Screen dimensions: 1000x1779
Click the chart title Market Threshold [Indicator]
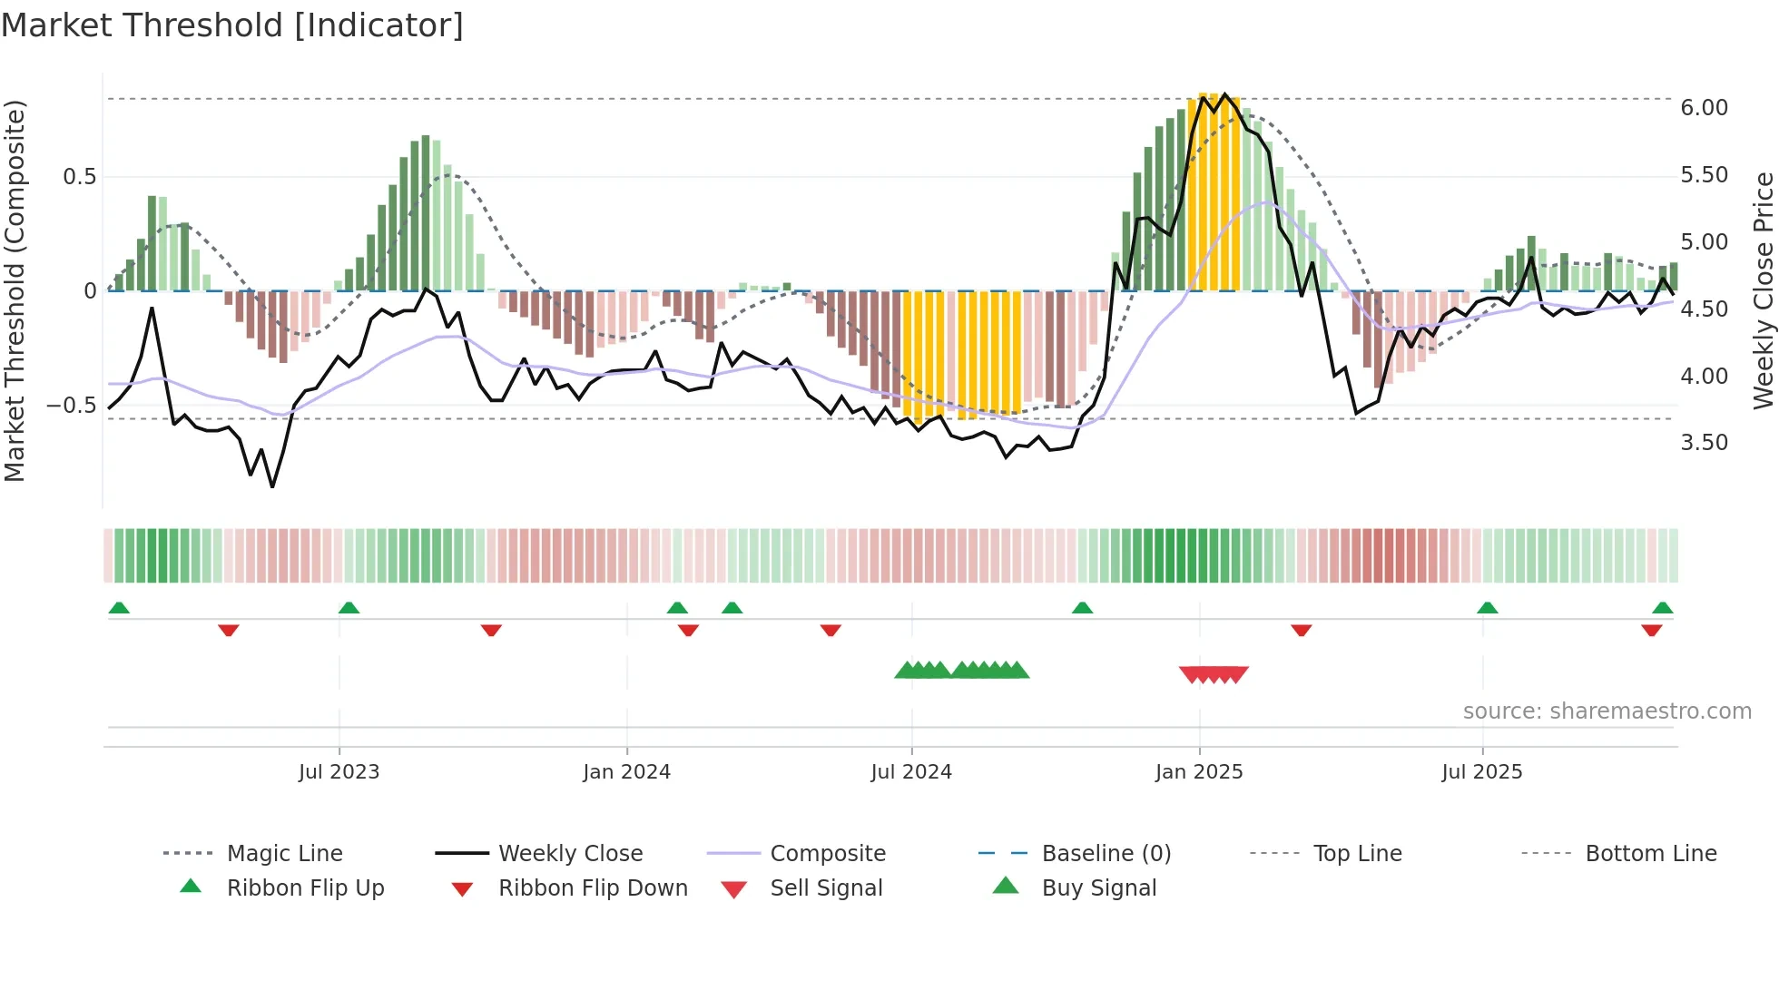coord(232,25)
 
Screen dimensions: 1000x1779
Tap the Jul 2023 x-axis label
coord(339,772)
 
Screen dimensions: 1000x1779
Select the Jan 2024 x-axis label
coord(626,772)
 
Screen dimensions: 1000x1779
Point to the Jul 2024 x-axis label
coord(911,772)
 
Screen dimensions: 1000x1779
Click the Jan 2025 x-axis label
coord(1199,772)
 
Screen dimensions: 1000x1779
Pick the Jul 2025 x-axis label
coord(1482,772)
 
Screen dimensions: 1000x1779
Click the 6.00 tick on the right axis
coord(1704,108)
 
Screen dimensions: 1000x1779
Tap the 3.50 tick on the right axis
coord(1704,443)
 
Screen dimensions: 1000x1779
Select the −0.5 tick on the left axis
coord(72,406)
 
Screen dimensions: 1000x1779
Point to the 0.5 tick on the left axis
coord(80,177)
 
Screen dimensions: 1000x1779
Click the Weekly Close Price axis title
coord(1763,290)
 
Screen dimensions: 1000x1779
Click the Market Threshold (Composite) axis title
coord(15,290)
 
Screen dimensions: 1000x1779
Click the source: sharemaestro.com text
coord(1607,711)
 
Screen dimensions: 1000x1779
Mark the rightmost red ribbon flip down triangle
coord(1651,630)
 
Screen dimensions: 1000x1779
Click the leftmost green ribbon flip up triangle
coord(119,608)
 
